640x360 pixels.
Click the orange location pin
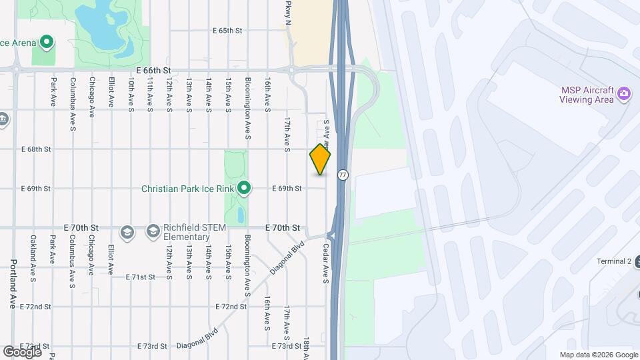(x=321, y=159)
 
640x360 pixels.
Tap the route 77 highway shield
(x=343, y=175)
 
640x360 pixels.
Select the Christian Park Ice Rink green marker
(x=244, y=189)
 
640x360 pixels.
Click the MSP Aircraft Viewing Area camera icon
(x=624, y=93)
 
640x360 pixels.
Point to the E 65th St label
(x=227, y=31)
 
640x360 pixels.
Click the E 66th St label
(x=154, y=70)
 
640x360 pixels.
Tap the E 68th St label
(x=36, y=149)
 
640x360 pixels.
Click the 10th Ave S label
(x=131, y=93)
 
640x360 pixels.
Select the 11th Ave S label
(x=151, y=93)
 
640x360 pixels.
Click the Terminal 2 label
(x=614, y=261)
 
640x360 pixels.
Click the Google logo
(x=21, y=351)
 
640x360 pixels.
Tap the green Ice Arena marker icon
(x=46, y=43)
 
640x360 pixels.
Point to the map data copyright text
(x=598, y=355)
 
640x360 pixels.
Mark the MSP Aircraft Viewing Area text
(x=586, y=95)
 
